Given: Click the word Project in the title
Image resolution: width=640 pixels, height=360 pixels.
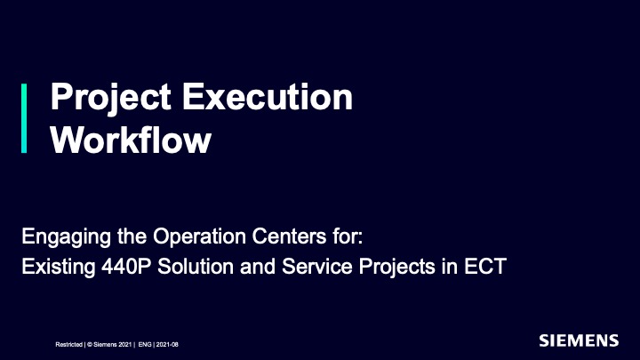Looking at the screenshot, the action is point(110,98).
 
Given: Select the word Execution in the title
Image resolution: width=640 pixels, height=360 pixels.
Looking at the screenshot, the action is point(268,97).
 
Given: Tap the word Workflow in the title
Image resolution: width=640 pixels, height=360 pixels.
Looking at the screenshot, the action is point(131,140).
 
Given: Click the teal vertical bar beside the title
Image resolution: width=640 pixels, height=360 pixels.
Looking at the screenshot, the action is point(24,118).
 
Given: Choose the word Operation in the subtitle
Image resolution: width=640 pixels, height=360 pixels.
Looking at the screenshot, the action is point(199,236).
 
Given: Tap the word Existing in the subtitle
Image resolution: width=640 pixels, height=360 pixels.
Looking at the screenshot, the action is point(59,268).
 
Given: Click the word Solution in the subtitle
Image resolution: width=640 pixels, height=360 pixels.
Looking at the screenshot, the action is point(196,267).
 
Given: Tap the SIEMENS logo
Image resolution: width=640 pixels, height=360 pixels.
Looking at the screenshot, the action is point(579,340).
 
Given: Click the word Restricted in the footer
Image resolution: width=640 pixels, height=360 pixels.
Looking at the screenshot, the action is point(69,345).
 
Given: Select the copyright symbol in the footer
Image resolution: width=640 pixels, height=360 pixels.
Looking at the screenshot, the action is point(90,345).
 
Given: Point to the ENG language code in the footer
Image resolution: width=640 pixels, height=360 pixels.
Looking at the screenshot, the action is point(145,345).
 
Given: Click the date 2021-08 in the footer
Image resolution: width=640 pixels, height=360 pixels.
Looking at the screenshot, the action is point(167,345).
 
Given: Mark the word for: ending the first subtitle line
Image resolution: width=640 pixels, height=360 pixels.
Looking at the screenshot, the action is point(348,236).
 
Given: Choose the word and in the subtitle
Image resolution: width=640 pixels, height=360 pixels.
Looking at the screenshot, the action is point(258,267).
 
